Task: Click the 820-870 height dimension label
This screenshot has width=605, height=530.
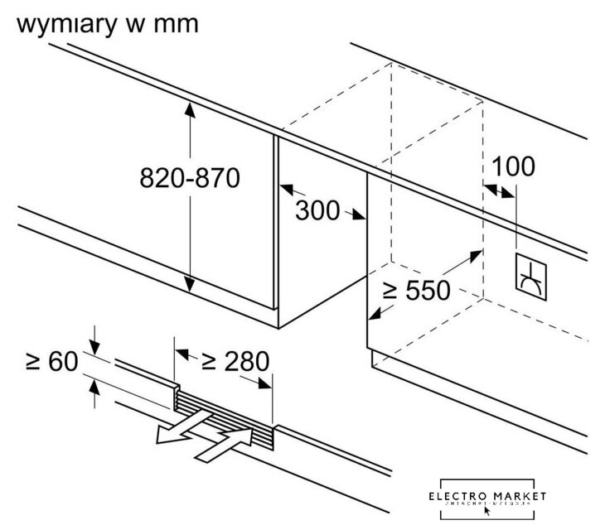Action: click(x=190, y=177)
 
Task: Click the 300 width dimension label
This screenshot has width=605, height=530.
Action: click(x=317, y=211)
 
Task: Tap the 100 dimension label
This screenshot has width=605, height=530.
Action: click(x=513, y=166)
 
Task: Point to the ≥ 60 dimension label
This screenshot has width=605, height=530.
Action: click(x=51, y=361)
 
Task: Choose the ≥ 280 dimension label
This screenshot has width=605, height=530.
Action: click(x=235, y=361)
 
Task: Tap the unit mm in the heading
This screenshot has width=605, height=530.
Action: click(x=176, y=24)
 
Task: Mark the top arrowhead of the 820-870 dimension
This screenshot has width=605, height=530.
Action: click(x=191, y=107)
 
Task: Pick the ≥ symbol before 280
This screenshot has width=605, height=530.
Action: click(x=210, y=362)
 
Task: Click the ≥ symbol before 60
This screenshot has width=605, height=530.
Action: click(x=32, y=362)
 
